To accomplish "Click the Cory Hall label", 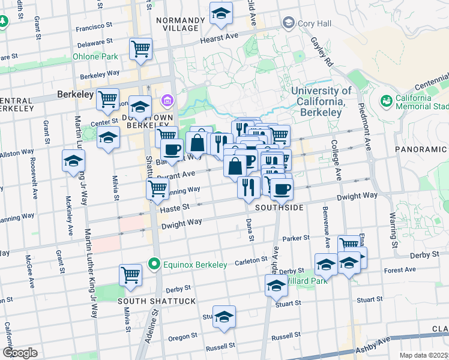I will point(315,23).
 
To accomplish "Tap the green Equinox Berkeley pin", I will point(154,264).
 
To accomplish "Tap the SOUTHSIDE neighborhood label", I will point(277,207).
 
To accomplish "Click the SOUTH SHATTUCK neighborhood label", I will point(148,300).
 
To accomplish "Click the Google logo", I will point(20,353).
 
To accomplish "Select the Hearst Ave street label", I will point(220,37).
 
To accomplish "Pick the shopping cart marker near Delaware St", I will point(141,49).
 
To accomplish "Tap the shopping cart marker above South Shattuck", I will point(130,275).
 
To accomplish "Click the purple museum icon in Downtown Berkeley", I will point(166,100).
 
